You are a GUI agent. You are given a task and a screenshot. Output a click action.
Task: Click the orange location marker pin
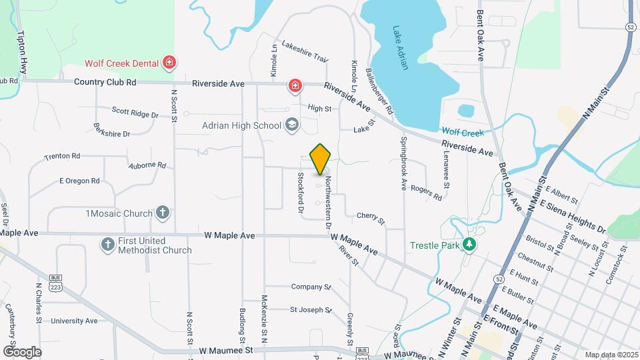(321, 159)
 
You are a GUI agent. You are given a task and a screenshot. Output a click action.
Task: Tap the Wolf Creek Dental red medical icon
(169, 63)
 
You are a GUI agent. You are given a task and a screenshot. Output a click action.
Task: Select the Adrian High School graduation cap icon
(291, 125)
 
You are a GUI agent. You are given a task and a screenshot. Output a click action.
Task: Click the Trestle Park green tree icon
(469, 245)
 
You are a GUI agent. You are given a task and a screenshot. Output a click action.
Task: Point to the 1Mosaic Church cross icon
(162, 213)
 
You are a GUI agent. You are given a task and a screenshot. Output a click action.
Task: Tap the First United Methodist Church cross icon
(107, 244)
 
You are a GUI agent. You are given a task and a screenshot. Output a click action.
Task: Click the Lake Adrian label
(406, 41)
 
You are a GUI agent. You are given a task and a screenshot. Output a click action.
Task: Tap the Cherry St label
(371, 217)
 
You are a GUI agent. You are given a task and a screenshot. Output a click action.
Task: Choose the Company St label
(311, 287)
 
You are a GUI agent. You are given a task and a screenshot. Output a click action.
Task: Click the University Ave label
(74, 321)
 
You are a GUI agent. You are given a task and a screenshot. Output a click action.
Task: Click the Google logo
(22, 351)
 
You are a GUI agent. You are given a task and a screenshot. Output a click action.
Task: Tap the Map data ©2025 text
(611, 355)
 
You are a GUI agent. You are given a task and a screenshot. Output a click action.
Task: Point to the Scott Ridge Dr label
(135, 114)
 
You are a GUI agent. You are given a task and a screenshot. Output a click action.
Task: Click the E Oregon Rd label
(79, 181)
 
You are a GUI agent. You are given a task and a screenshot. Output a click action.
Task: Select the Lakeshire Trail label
(305, 52)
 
